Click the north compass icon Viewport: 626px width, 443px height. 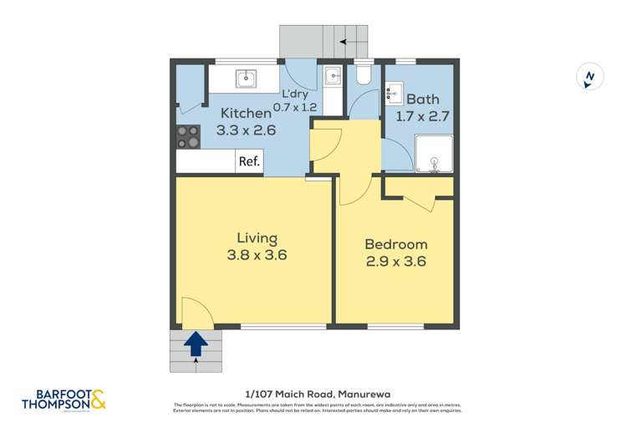click(x=590, y=77)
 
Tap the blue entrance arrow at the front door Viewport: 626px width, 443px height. click(x=197, y=342)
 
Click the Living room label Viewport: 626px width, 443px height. click(x=256, y=238)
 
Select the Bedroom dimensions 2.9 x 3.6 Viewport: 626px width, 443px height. click(x=396, y=262)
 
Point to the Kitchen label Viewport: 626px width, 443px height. click(x=246, y=113)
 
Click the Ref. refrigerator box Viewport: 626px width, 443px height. click(x=249, y=162)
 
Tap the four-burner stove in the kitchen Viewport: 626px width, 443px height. click(x=188, y=136)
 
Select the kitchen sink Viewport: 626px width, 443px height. click(x=246, y=79)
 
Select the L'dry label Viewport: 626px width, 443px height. click(x=297, y=94)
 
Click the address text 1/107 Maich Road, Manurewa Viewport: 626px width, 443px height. click(x=312, y=392)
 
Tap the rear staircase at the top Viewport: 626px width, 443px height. click(x=324, y=40)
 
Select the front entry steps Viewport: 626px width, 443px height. click(x=197, y=351)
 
